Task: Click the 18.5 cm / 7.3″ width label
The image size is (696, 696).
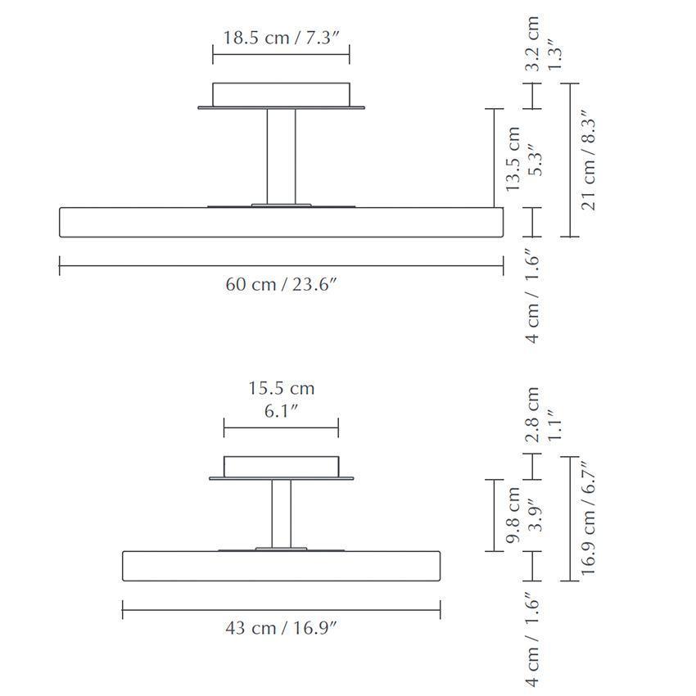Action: (x=281, y=38)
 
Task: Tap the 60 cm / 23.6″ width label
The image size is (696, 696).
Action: (x=282, y=284)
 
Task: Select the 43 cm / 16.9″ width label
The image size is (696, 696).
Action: (x=282, y=628)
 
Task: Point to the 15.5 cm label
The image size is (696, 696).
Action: (x=282, y=388)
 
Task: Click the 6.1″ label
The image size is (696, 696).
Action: (x=281, y=411)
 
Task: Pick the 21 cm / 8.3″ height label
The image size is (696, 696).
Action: (x=588, y=160)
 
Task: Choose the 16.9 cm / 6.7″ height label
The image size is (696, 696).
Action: (x=588, y=517)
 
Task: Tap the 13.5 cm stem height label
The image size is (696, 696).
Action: (x=513, y=159)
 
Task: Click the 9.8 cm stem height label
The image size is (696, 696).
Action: (x=513, y=515)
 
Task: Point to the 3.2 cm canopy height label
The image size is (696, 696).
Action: (x=531, y=43)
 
